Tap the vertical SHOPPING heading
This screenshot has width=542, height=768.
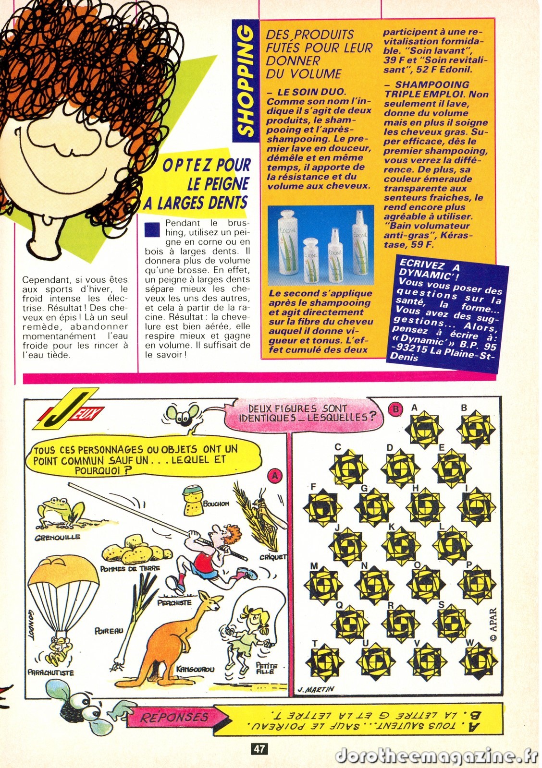246,81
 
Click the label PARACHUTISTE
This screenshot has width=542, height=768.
51,673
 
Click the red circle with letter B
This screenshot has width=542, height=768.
395,408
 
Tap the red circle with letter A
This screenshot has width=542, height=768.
275,475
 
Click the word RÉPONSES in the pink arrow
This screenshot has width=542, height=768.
174,717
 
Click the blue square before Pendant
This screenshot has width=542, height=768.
152,229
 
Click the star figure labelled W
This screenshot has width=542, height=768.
479,661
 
